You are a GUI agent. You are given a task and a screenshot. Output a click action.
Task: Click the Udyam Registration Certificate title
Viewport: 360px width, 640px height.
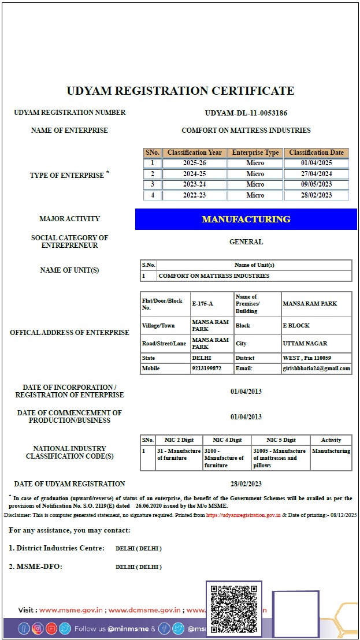pyautogui.click(x=180, y=91)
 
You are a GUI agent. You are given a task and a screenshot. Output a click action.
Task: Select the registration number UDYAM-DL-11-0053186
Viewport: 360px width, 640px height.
pyautogui.click(x=246, y=113)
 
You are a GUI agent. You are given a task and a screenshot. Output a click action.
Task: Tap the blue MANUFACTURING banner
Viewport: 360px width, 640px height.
pyautogui.click(x=246, y=219)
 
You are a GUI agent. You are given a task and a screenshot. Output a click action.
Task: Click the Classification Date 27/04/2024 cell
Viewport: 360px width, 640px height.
pyautogui.click(x=316, y=174)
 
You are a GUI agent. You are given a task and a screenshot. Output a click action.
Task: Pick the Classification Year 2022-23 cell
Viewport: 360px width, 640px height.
pyautogui.click(x=194, y=195)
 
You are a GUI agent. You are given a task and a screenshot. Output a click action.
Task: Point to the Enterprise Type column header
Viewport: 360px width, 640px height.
pyautogui.click(x=255, y=152)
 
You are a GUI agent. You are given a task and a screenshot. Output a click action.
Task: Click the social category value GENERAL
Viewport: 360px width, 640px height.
pyautogui.click(x=246, y=242)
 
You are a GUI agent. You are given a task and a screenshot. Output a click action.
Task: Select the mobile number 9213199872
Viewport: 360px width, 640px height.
pyautogui.click(x=207, y=369)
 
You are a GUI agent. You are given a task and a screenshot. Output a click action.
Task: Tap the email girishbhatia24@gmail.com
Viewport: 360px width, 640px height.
pyautogui.click(x=316, y=369)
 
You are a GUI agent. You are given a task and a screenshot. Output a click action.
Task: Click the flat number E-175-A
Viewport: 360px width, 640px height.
pyautogui.click(x=203, y=304)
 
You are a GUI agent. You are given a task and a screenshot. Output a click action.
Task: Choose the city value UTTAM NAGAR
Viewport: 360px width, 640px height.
pyautogui.click(x=305, y=344)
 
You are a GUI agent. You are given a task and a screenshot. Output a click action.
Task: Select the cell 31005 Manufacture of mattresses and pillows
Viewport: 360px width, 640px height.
pyautogui.click(x=280, y=458)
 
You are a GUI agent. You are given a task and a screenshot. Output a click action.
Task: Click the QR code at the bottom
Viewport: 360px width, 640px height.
pyautogui.click(x=233, y=609)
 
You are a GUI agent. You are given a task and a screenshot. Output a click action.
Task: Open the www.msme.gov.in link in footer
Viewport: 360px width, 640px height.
pyautogui.click(x=71, y=610)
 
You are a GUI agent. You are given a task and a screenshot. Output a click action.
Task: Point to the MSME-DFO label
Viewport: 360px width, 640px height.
pyautogui.click(x=35, y=567)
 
